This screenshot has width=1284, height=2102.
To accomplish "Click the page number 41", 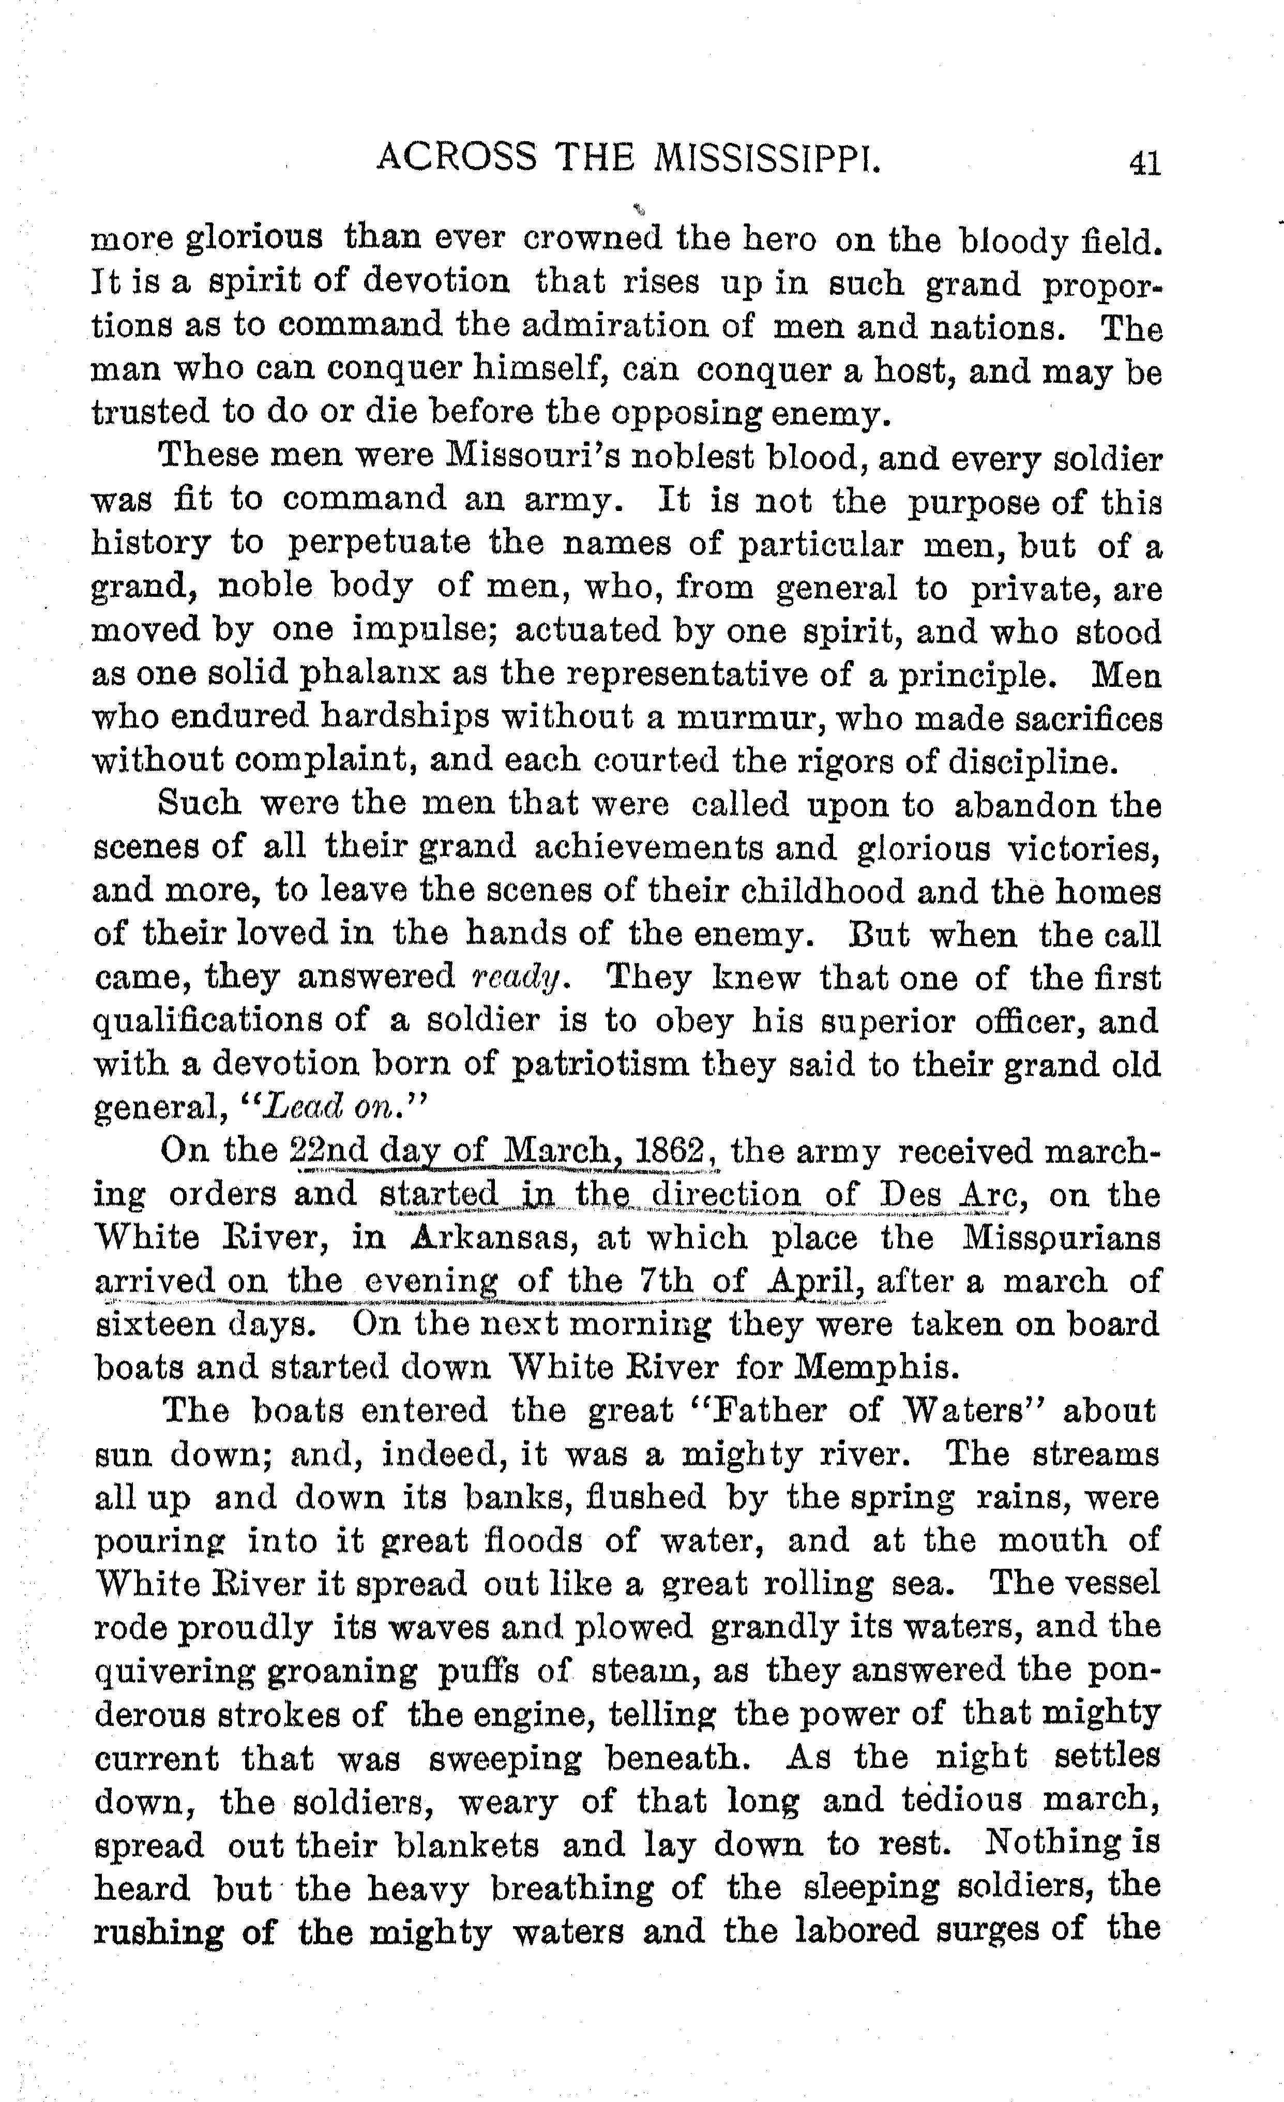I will (1143, 162).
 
